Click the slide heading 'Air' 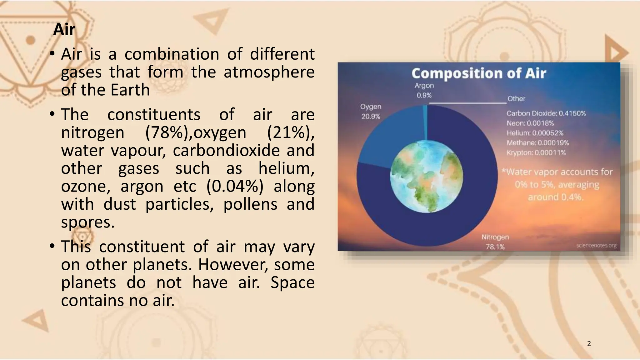(x=64, y=30)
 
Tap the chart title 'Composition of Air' (x=478, y=73)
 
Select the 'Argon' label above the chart (x=424, y=86)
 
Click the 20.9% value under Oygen (x=371, y=117)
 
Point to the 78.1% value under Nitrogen (x=495, y=247)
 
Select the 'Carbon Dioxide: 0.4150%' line (x=546, y=113)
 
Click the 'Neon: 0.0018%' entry (x=530, y=123)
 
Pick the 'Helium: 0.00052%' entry (x=535, y=133)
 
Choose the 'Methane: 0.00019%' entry (x=537, y=143)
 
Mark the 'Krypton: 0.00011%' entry (x=536, y=153)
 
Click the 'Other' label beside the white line (x=516, y=99)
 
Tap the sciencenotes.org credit (x=596, y=246)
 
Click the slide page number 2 (x=589, y=344)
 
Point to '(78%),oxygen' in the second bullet (x=196, y=132)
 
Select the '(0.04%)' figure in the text (x=235, y=187)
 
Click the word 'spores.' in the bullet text (x=88, y=222)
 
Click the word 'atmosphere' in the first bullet (x=269, y=72)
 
